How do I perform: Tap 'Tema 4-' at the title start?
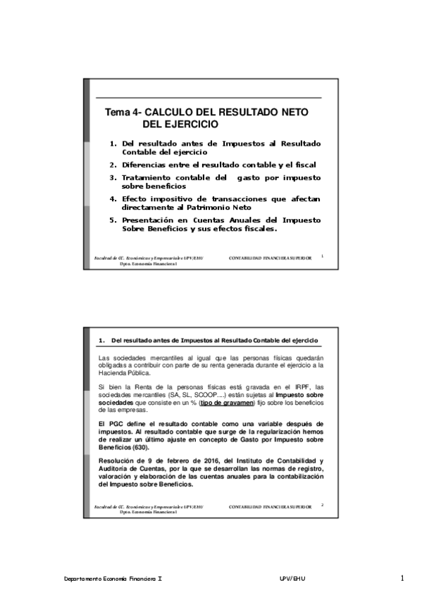[122, 113]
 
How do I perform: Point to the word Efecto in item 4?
[134, 199]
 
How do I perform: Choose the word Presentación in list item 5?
[151, 220]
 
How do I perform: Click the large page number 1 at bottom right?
[402, 578]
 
